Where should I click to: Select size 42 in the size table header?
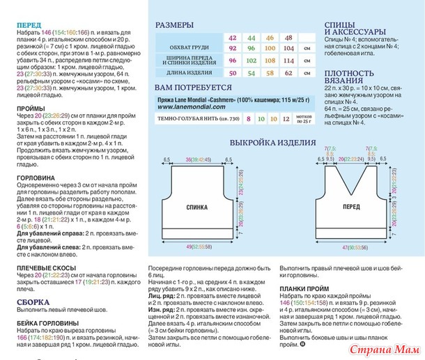[x=232, y=38]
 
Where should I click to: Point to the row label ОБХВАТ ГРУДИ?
[x=191, y=49]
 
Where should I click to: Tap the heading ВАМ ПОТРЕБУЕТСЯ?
[x=192, y=88]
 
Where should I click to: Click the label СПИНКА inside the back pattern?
[x=201, y=188]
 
